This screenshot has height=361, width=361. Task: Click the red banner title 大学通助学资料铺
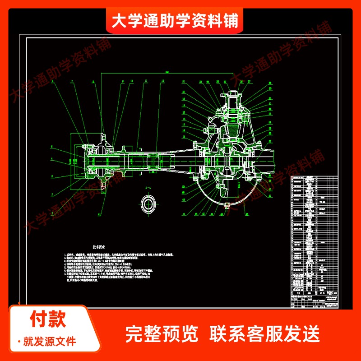(175, 21)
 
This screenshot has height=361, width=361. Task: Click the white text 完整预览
(162, 334)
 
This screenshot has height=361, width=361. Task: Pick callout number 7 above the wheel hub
(72, 82)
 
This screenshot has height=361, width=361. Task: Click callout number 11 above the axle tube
(146, 82)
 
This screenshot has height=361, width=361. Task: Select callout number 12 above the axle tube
(162, 82)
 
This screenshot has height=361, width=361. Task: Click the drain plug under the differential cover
(231, 206)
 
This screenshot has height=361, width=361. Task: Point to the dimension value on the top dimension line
(167, 72)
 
